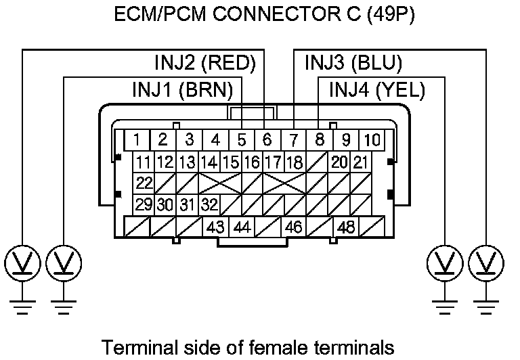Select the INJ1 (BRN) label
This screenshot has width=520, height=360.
point(183,89)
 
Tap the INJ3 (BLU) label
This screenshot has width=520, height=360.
point(353,64)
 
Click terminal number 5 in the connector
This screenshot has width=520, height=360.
point(241,140)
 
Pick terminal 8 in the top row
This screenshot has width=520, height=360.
point(320,140)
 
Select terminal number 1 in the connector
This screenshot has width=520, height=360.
point(137,140)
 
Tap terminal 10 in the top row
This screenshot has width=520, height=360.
point(372,140)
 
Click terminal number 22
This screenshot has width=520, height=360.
point(144,183)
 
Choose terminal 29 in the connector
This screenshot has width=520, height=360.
point(144,205)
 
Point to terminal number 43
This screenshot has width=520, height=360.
point(215,227)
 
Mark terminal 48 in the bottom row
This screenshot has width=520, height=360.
point(346,227)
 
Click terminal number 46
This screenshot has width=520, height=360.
point(293,227)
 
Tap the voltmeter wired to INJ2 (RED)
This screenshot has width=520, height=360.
point(22,262)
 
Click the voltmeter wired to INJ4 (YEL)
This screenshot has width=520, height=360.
point(446,262)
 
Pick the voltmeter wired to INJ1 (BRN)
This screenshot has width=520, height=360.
point(64,262)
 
